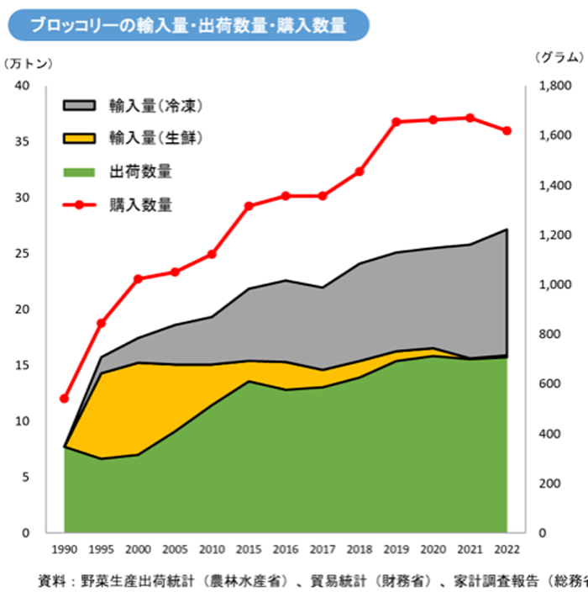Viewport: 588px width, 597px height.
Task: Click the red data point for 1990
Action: click(65, 399)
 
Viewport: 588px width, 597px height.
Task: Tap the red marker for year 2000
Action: click(138, 278)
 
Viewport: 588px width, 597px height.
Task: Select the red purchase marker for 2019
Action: click(396, 122)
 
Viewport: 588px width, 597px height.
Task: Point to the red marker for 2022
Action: click(507, 130)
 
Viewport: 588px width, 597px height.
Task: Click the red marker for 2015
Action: click(249, 206)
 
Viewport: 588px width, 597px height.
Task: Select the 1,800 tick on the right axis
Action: click(554, 86)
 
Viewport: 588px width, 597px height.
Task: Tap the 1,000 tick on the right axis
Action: click(554, 285)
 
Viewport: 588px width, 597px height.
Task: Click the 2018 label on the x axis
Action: click(359, 550)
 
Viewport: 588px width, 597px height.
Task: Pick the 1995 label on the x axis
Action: click(102, 550)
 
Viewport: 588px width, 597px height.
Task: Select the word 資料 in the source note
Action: click(50, 580)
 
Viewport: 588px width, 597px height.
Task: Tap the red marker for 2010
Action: click(212, 254)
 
